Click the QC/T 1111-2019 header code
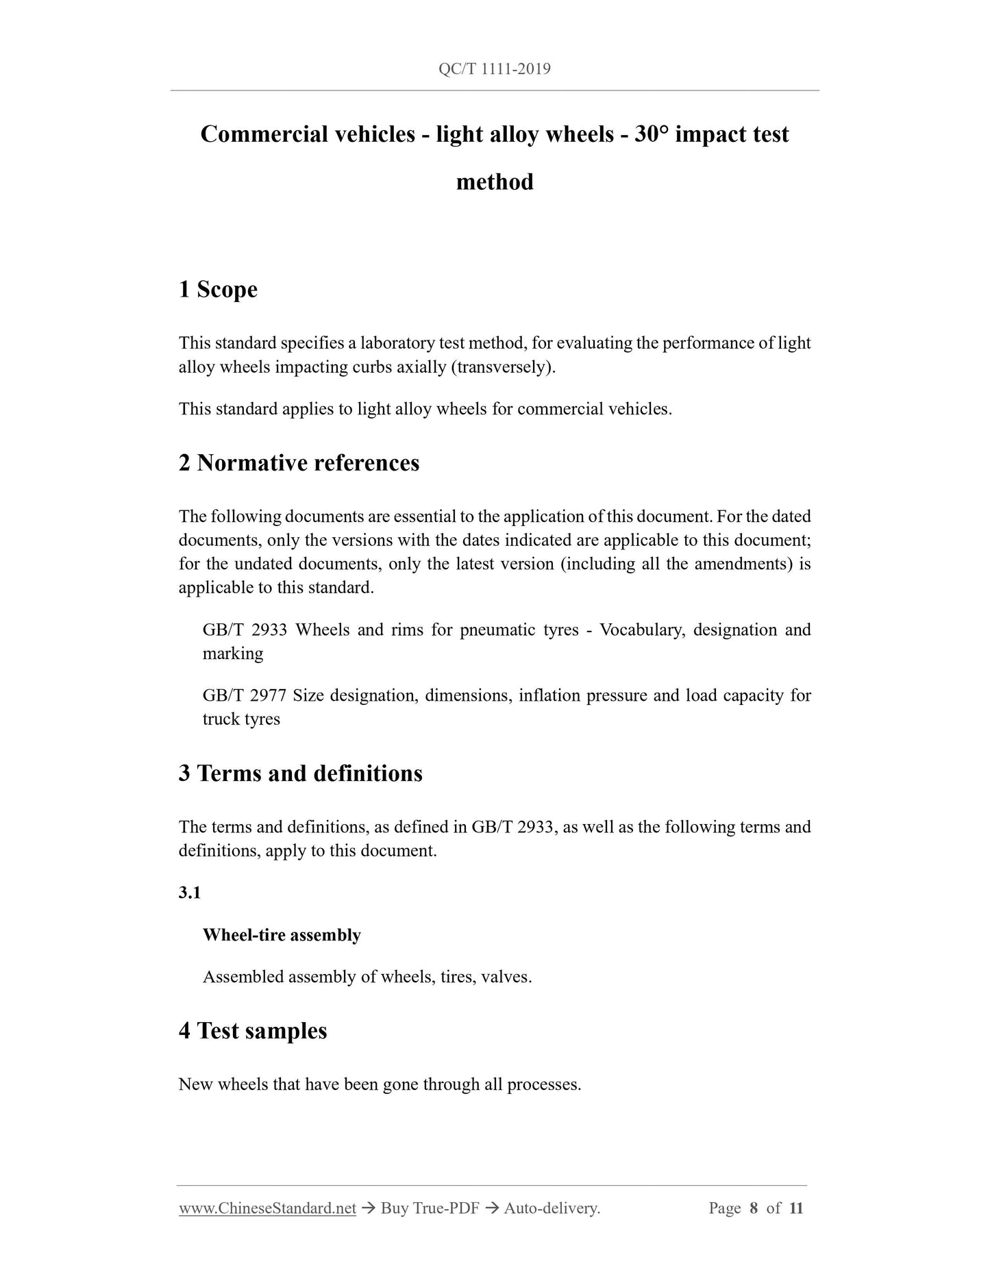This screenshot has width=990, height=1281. coord(494,69)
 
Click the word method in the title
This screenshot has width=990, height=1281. coord(495,182)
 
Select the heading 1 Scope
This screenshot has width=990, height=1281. coord(218,289)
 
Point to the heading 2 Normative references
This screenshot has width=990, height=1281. coord(299,463)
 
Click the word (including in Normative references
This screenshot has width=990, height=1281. coord(597,564)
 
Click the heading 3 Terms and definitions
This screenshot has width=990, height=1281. coord(300,773)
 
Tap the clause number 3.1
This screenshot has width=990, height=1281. coord(189,893)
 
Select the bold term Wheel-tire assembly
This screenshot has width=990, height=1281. coord(282,935)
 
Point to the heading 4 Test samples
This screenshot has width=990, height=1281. coord(252,1031)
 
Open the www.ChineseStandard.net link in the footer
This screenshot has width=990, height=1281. coord(267,1208)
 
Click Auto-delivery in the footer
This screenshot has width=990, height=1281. coord(552,1208)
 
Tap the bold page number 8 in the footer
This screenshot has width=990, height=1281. coord(754,1208)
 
